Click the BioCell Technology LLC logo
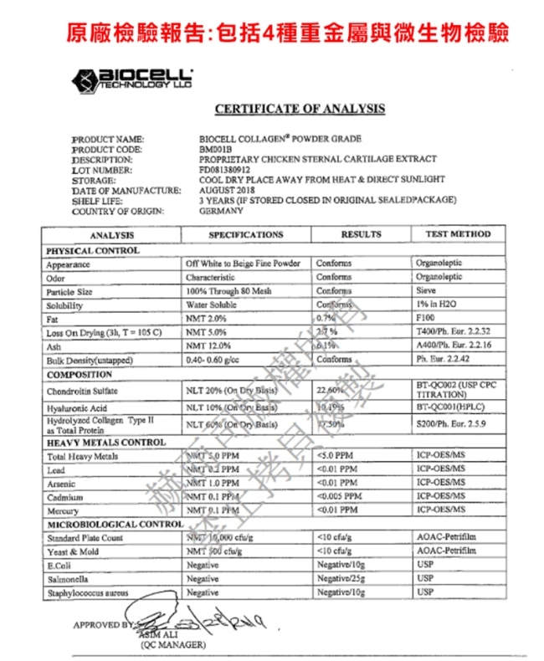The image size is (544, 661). [x=133, y=79]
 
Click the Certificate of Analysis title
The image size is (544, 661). [x=300, y=109]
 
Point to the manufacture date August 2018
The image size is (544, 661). [x=224, y=190]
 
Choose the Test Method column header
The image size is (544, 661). [x=458, y=234]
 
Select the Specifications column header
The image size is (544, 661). [x=246, y=234]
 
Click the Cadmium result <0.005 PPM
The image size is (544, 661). [x=341, y=497]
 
